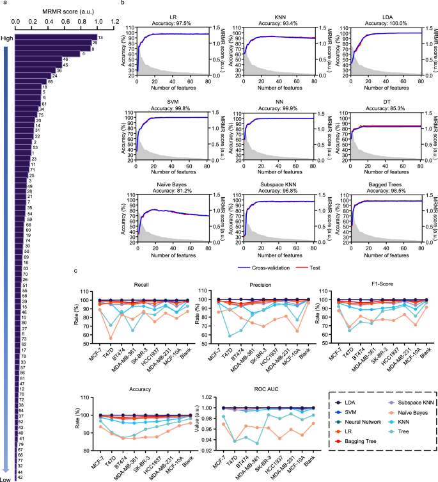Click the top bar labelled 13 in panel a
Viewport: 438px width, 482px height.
(x=56, y=37)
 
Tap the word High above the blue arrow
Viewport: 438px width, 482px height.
(x=7, y=38)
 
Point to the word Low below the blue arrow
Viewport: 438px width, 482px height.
(x=7, y=478)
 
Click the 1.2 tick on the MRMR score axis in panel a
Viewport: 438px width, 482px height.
(x=115, y=21)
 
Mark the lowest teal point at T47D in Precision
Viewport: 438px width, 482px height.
(x=230, y=336)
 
